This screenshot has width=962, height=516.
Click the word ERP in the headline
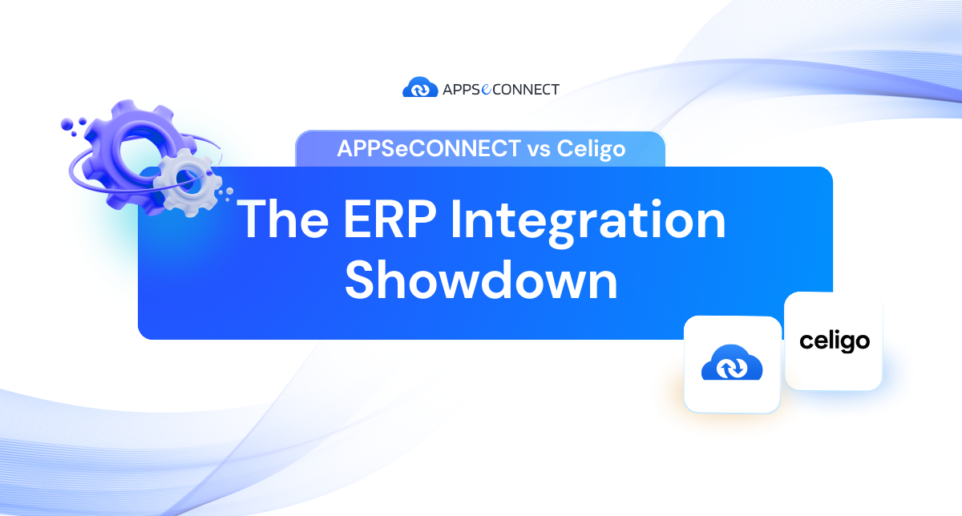[x=390, y=219]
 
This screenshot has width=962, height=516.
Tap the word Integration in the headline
[x=588, y=224]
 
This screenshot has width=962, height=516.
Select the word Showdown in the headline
[x=481, y=280]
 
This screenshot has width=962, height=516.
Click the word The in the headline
[x=282, y=219]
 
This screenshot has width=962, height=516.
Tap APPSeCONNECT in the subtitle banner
[x=429, y=148]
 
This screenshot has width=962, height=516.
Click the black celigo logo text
[x=835, y=341]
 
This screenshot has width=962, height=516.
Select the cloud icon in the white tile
[x=732, y=362]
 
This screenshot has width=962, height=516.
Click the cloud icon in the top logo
[x=420, y=87]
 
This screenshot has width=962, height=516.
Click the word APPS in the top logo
[x=461, y=89]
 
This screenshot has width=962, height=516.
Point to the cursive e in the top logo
[x=486, y=89]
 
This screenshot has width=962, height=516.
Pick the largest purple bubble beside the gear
[x=67, y=124]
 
